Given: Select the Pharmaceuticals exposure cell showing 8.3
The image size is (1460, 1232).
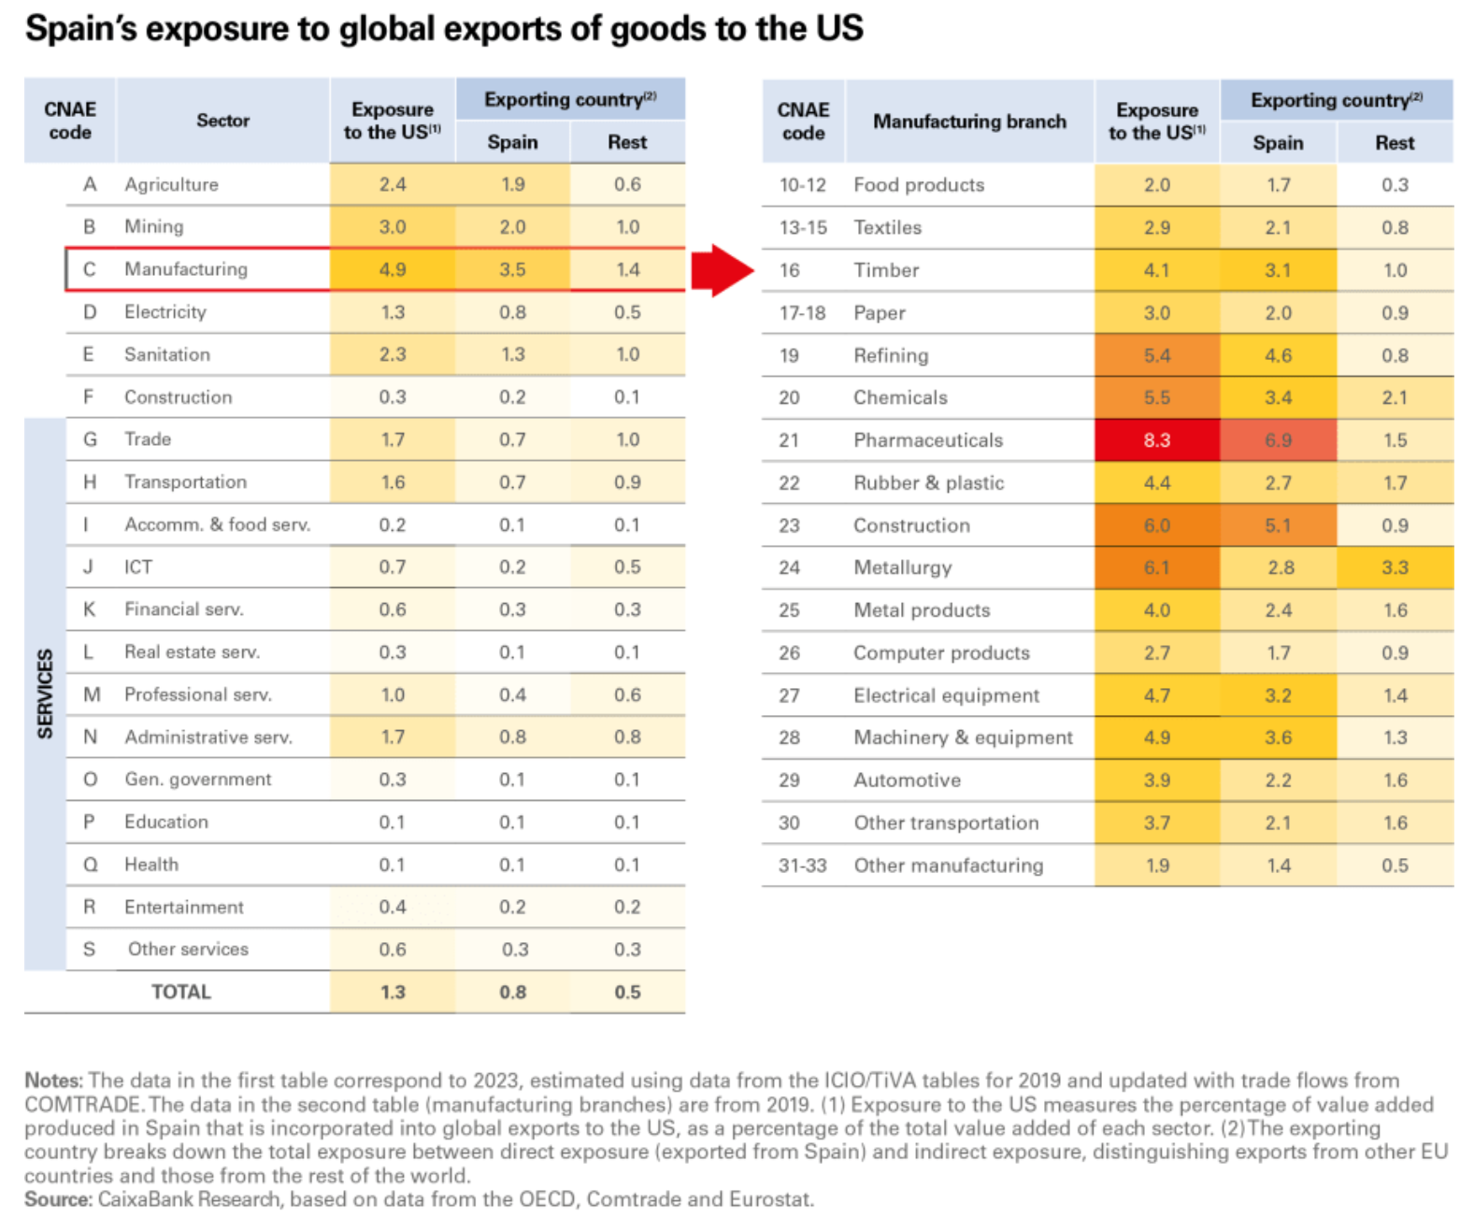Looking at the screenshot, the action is click(1156, 440).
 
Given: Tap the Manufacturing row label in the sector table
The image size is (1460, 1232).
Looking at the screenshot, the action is click(186, 269).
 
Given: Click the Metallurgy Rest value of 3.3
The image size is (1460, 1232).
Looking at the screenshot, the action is click(1395, 567).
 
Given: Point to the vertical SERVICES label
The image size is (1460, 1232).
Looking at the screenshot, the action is click(45, 694).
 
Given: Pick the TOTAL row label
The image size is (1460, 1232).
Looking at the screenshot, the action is click(181, 992).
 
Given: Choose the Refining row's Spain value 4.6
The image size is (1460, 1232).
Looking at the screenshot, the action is click(1278, 355).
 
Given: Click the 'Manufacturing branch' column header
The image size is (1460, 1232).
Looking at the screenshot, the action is click(969, 121).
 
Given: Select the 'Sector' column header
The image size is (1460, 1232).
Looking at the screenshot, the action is click(222, 121).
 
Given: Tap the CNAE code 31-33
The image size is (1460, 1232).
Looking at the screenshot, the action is click(802, 865).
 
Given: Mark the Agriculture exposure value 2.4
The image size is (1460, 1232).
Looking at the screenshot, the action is click(393, 184).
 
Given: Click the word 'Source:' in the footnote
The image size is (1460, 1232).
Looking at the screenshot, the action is click(58, 1199).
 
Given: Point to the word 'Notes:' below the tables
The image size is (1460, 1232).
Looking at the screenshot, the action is click(54, 1081).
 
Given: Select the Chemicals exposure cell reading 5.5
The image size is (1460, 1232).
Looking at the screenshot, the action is click(1156, 397).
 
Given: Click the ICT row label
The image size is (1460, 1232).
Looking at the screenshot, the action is click(137, 566).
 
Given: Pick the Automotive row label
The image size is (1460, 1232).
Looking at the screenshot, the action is click(907, 780).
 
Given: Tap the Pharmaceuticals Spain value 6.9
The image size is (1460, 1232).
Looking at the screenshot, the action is click(1278, 440).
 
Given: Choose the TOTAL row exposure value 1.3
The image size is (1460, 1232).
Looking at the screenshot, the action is click(393, 992).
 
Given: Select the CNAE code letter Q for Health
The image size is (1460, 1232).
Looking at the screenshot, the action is click(91, 865).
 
